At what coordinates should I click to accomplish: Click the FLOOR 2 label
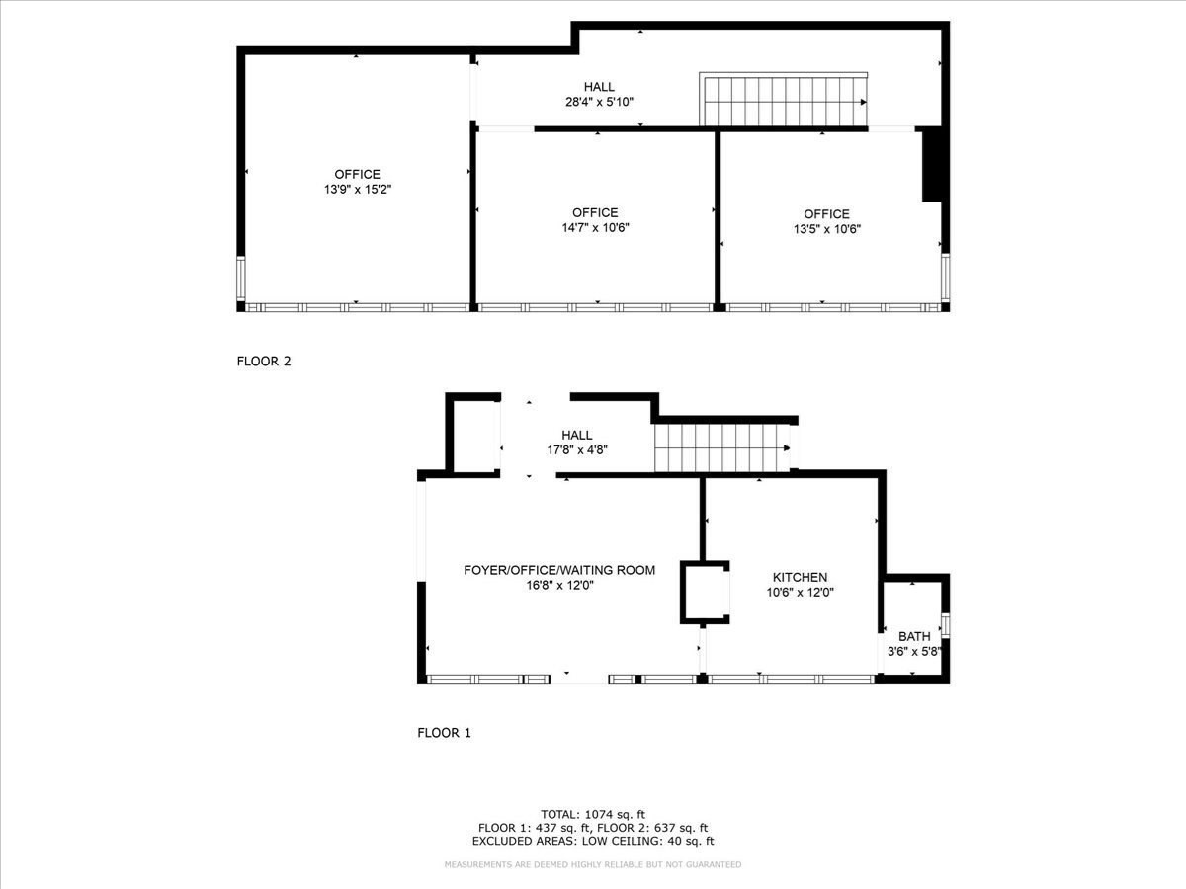[264, 362]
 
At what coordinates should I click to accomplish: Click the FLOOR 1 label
[444, 733]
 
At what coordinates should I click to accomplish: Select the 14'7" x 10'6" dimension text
[595, 227]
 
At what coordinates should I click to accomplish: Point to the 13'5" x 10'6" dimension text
[826, 228]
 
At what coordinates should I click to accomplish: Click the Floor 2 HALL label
[599, 87]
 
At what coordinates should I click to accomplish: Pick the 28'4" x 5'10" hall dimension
[599, 102]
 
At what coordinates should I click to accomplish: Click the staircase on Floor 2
[783, 102]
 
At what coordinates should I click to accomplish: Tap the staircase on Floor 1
[723, 448]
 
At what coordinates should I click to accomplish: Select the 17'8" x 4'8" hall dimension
[577, 449]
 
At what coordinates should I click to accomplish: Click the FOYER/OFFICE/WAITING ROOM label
[559, 570]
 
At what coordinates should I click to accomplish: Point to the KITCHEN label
[800, 577]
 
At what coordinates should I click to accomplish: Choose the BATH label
[914, 636]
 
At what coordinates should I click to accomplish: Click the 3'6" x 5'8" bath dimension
[914, 650]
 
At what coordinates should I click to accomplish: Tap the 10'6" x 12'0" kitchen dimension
[801, 592]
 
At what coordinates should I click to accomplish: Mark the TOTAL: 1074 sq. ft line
[593, 814]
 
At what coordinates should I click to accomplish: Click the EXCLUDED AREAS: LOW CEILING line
[593, 842]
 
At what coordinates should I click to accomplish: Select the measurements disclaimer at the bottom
[593, 864]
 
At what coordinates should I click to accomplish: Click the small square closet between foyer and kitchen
[704, 593]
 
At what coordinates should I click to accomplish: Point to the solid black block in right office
[931, 166]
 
